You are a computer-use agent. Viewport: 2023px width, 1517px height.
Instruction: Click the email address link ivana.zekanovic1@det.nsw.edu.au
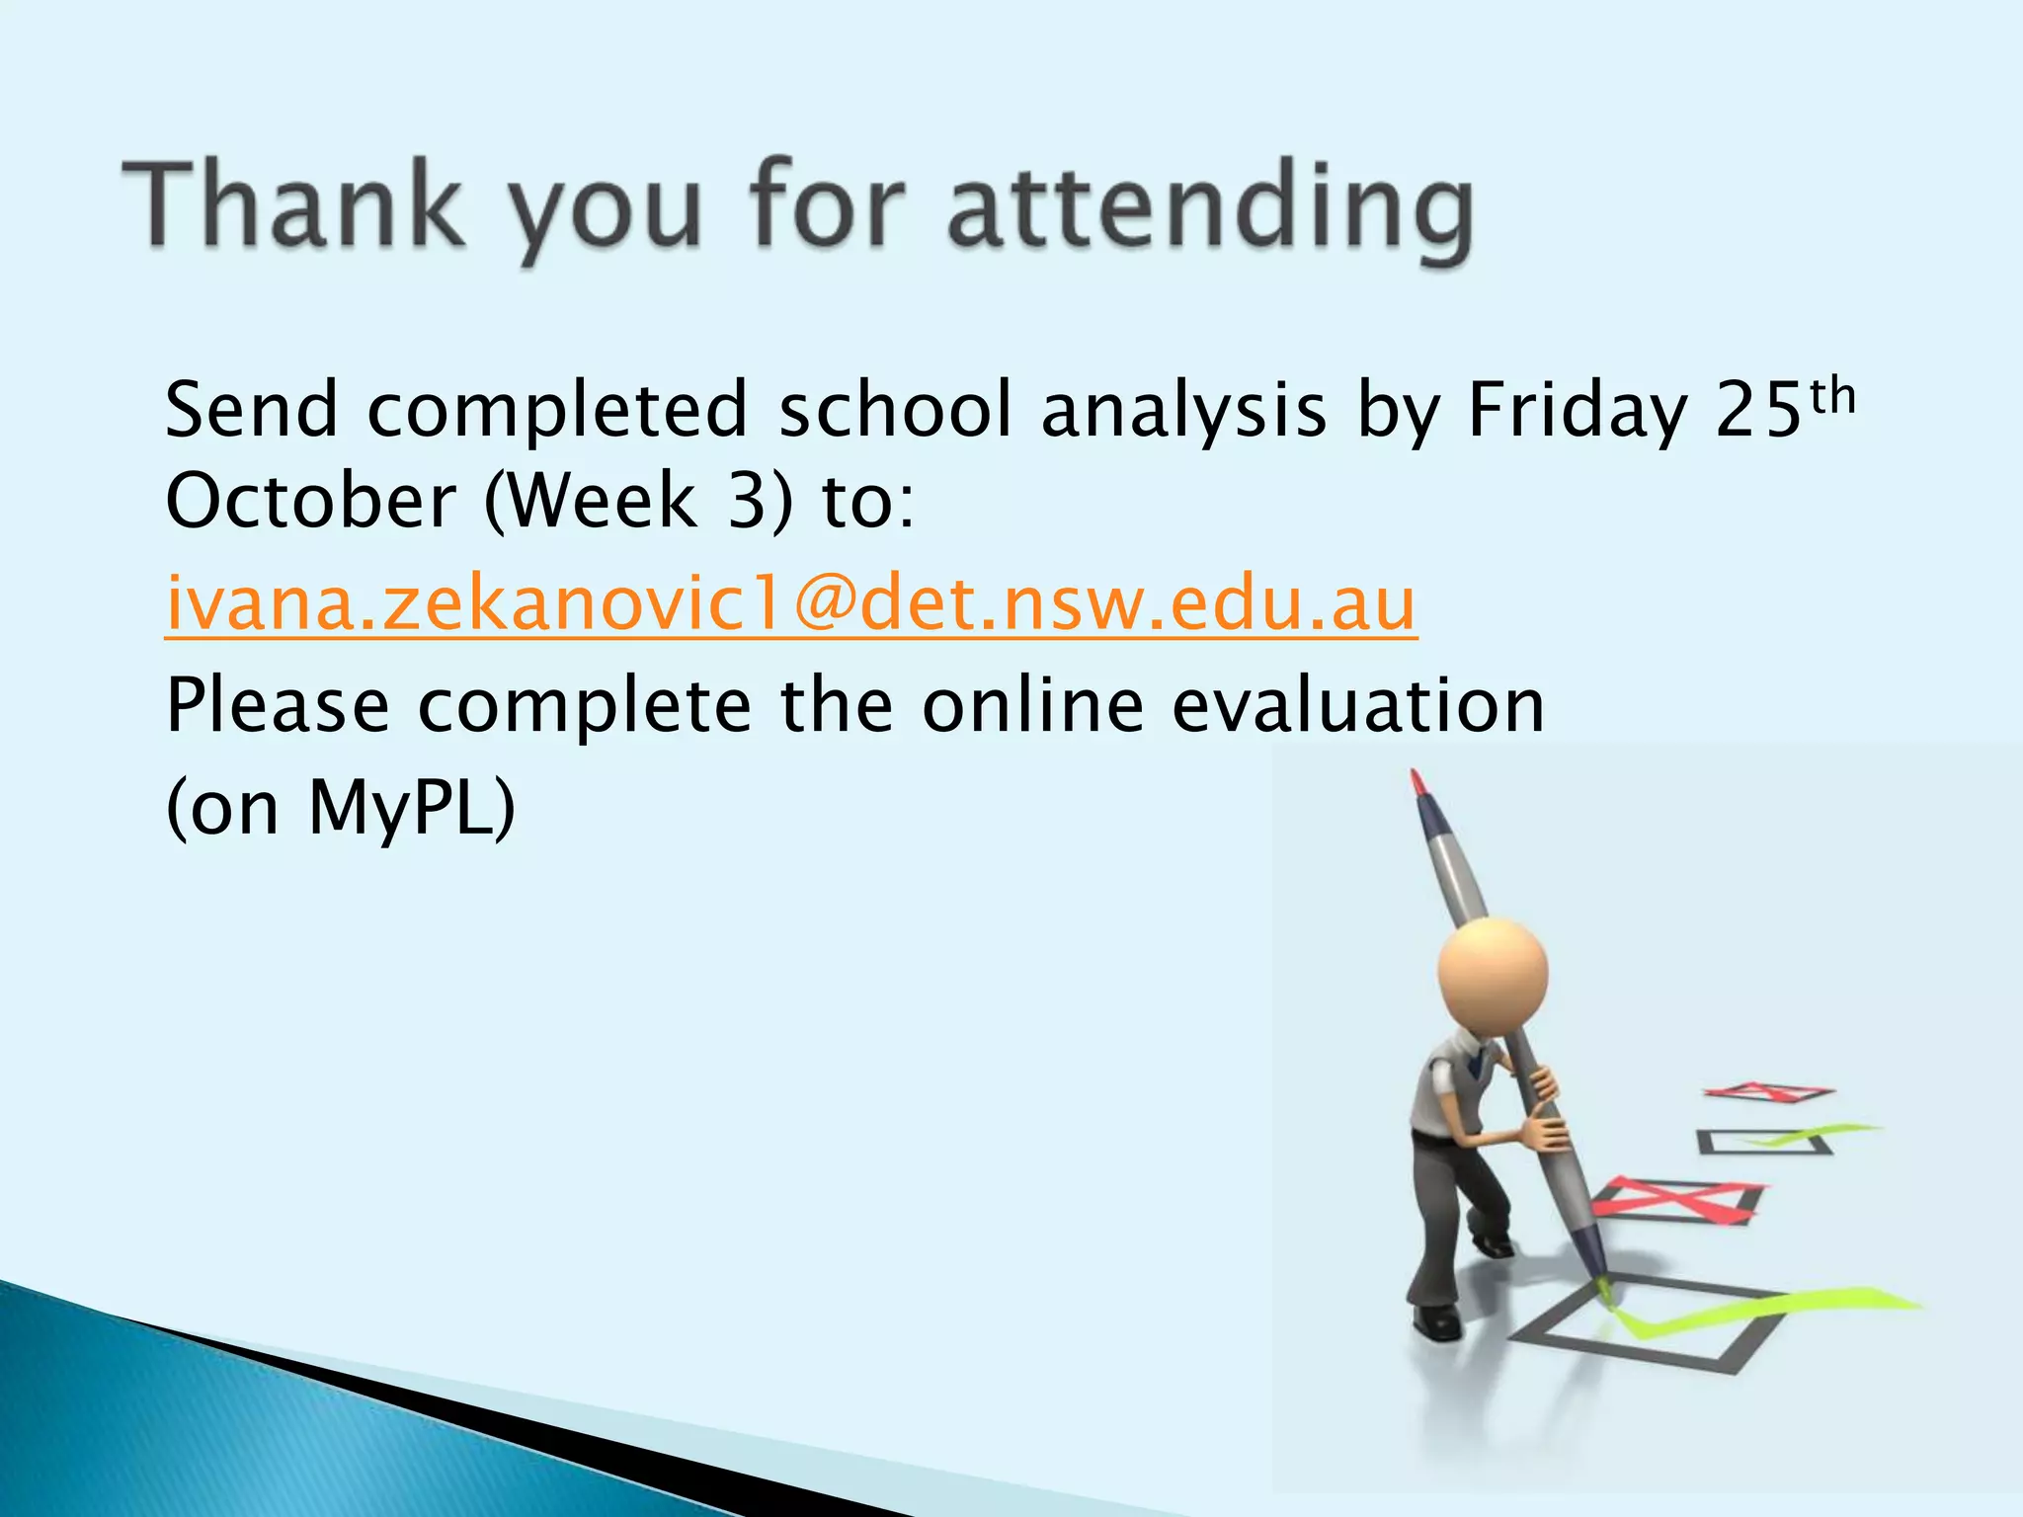pos(790,603)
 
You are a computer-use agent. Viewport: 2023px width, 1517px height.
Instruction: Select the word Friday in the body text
pos(1577,411)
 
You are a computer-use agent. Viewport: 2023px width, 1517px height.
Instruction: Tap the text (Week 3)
pos(638,501)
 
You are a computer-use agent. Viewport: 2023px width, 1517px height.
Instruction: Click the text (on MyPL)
pos(341,808)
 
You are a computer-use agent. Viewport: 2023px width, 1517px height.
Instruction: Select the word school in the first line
pos(895,411)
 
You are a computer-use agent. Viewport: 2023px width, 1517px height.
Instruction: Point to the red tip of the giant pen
pos(1417,782)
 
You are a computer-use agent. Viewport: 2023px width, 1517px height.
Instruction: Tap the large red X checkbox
pos(1676,1200)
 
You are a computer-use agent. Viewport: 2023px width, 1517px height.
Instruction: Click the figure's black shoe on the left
pos(1437,1320)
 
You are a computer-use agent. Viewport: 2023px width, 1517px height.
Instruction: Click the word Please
pos(278,706)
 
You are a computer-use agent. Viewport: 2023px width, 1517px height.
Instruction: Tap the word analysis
pos(1183,411)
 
